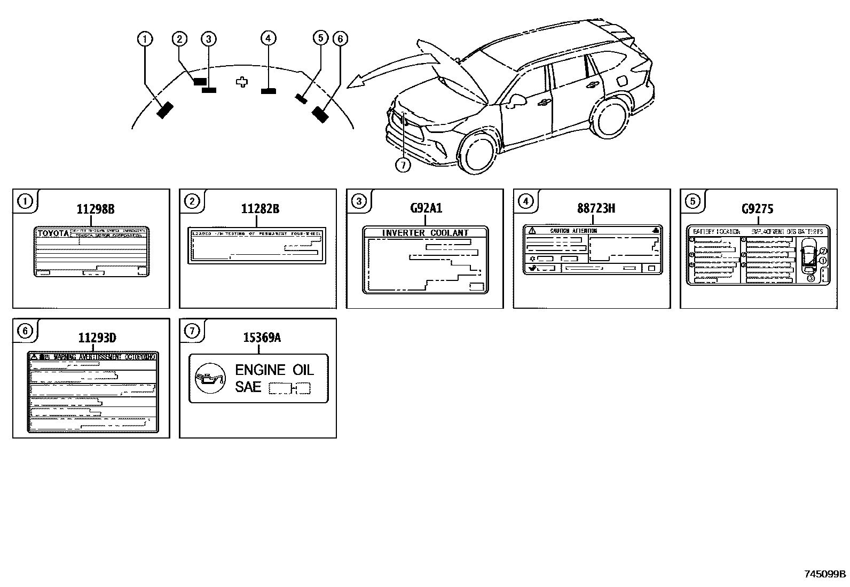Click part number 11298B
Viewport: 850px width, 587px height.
pos(95,209)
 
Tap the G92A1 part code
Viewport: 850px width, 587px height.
pos(426,208)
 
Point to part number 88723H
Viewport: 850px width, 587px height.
pos(595,209)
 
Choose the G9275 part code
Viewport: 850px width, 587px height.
pos(757,209)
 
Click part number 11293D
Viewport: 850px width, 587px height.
pos(97,338)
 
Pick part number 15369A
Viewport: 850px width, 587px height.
pos(262,338)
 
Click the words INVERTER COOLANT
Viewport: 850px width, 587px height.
pos(425,233)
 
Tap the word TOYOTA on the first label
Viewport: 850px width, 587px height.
pos(53,234)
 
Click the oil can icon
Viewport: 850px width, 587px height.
pos(208,378)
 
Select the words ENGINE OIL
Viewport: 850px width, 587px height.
pos(274,370)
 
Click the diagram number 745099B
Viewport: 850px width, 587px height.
pos(825,574)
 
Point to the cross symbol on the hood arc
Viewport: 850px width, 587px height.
pos(242,82)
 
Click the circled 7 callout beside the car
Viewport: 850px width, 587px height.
pos(403,166)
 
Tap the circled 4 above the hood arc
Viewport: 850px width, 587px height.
pos(268,38)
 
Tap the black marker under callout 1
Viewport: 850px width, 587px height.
pos(165,110)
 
